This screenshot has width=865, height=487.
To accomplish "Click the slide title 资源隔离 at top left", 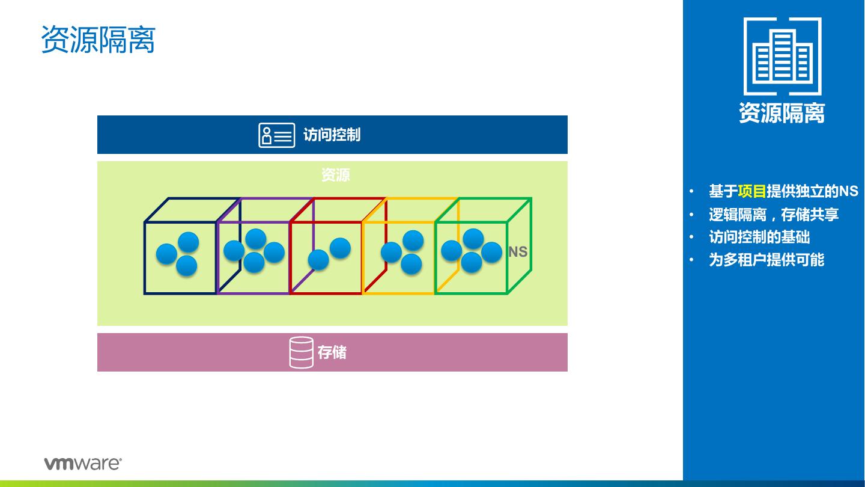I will click(x=98, y=40).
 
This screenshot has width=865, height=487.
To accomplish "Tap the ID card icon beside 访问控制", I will click(x=276, y=135).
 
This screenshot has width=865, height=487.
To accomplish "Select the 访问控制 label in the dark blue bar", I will click(x=332, y=135).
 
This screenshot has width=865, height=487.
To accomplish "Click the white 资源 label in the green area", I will click(x=335, y=175).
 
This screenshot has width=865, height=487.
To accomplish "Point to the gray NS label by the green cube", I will click(x=518, y=252).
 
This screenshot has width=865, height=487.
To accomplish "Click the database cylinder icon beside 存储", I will click(x=301, y=352).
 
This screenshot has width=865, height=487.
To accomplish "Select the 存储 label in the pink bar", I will click(x=332, y=352).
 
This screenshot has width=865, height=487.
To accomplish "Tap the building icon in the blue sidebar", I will click(x=782, y=57).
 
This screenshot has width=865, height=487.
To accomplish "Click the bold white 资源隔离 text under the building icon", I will click(x=782, y=113).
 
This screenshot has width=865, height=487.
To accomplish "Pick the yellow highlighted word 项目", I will click(x=751, y=191).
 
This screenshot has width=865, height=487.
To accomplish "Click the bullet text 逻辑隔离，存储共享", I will click(x=774, y=214).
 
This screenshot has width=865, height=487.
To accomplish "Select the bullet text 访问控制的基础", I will click(x=759, y=237).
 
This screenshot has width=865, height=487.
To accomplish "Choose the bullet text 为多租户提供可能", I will click(x=766, y=260).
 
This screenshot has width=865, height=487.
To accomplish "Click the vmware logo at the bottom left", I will click(x=82, y=463).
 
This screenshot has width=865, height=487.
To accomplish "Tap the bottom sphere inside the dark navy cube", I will click(x=186, y=266).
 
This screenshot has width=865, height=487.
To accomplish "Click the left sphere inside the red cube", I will click(x=318, y=260).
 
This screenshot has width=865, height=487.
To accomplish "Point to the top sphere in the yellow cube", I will click(x=413, y=240).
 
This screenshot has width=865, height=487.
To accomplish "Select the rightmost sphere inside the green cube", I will click(x=491, y=252).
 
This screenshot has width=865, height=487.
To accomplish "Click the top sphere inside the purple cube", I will click(x=256, y=239).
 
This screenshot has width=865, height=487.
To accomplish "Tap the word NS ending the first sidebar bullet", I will click(x=849, y=191).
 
